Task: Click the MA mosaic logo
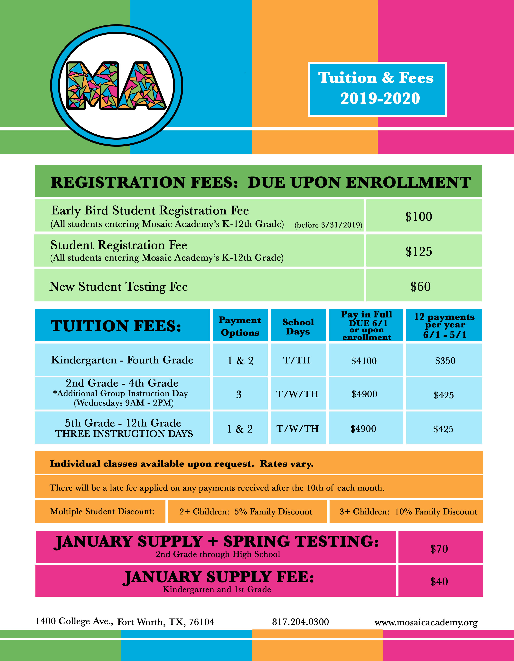[117, 85]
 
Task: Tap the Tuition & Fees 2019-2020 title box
[377, 89]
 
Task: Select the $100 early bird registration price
[419, 217]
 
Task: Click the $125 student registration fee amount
[419, 251]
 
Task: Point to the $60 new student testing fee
[420, 287]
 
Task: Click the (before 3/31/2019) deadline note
[328, 225]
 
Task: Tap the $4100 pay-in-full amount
[364, 361]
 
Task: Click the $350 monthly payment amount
[445, 361]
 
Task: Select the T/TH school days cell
[297, 360]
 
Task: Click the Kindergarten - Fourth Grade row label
[122, 360]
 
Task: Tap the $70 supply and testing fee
[439, 549]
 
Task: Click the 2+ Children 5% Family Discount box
[246, 512]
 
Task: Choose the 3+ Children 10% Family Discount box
[408, 512]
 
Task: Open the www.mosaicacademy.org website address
[426, 622]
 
